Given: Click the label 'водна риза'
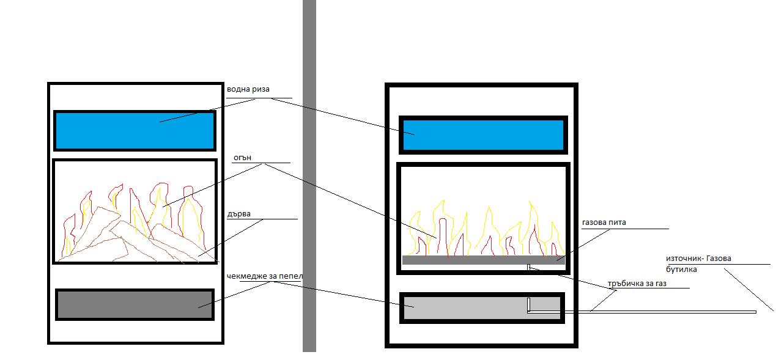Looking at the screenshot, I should pos(248,89).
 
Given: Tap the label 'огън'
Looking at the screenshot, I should pos(242,158).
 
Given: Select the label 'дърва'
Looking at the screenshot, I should pos(238,214).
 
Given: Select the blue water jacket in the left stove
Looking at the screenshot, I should pos(135,130).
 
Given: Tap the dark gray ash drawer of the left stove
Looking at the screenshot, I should pos(135,304).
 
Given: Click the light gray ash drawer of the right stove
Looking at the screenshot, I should pos(465,307).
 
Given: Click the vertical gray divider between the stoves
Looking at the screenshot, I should pos(309,183).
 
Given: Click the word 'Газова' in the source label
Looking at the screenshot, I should pos(717,259).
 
